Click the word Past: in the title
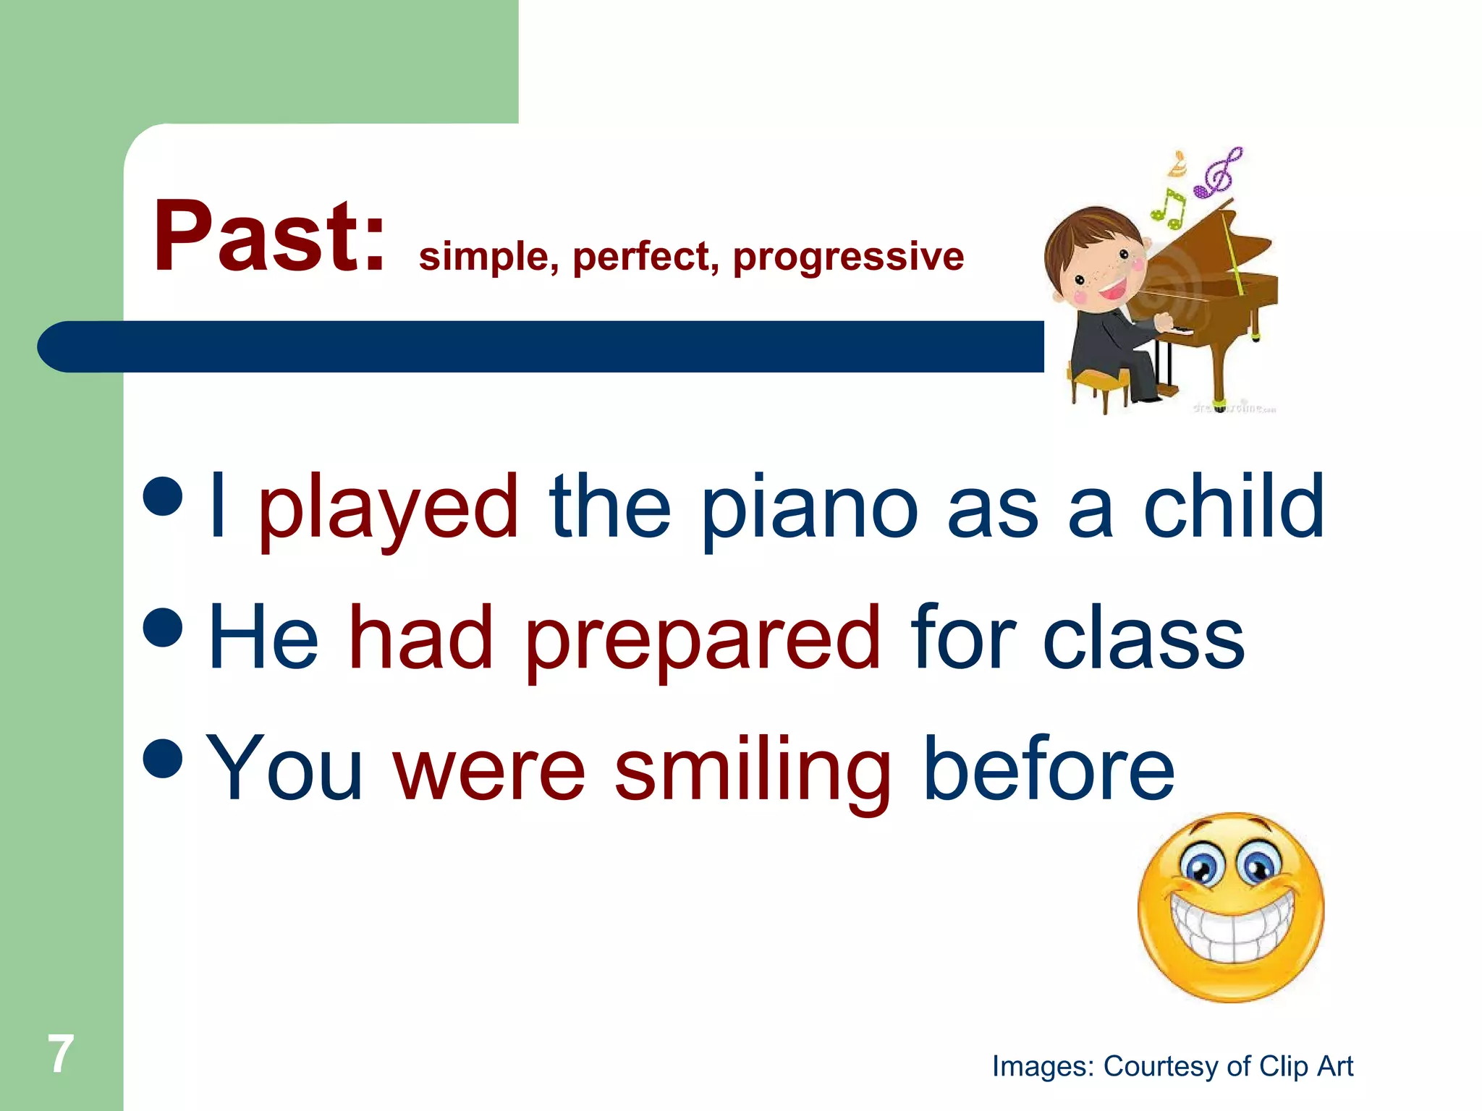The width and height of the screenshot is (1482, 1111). (x=268, y=237)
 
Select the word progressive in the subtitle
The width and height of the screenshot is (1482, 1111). (x=848, y=257)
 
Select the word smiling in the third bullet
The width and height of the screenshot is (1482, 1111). (x=753, y=771)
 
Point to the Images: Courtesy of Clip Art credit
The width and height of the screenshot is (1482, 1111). (x=1172, y=1066)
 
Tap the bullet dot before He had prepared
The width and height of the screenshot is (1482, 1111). (x=163, y=626)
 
